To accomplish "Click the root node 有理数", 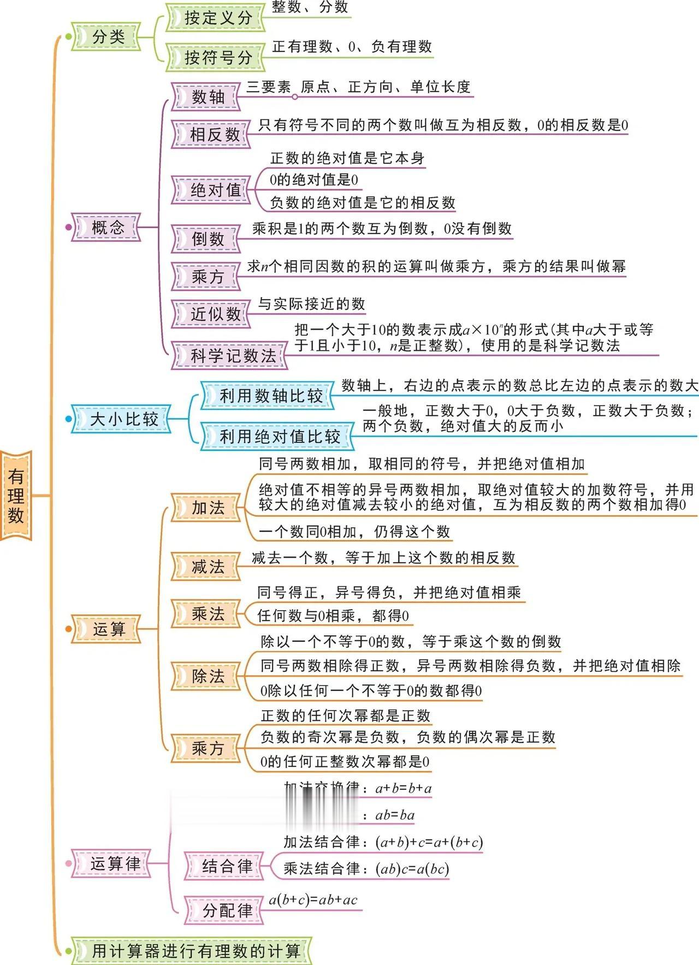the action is pos(16,496).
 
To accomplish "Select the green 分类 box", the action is pos(106,37).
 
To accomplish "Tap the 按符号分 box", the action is pos(216,57).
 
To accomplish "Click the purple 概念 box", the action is pos(107,227).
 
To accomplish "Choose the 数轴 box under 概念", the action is pos(206,97).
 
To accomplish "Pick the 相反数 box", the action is pos(212,134).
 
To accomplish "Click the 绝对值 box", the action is pos(212,190).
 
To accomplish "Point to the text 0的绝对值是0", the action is pos(313,180).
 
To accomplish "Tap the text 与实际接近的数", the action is pos(311,304).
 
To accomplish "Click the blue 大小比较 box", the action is pos(122,419).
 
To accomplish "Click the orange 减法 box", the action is pos(207,567).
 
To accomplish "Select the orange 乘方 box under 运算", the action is pos(207,748).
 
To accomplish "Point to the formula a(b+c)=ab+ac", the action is pos(313,900).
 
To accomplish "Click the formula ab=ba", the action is pos(395,815).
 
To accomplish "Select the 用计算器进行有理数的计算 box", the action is pos(194,951).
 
